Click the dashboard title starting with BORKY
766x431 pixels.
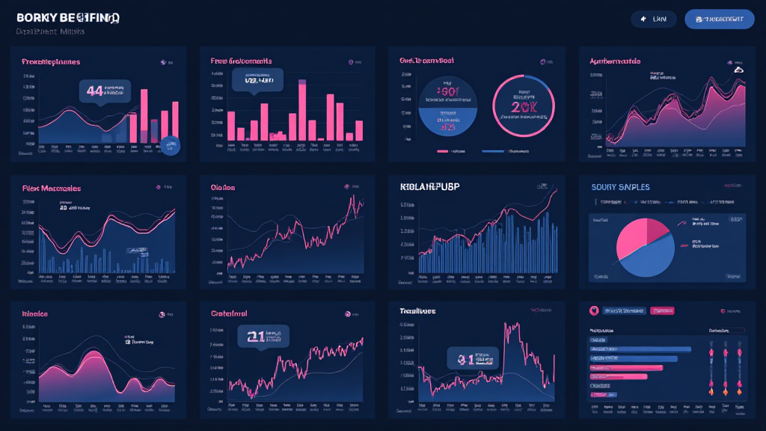pos(67,17)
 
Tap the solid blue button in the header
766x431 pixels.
pos(719,19)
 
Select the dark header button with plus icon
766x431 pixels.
pos(653,19)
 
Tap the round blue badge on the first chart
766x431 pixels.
pos(171,145)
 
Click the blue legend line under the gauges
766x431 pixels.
pos(493,151)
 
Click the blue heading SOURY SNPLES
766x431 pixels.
pos(620,186)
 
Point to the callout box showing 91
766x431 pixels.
pos(471,358)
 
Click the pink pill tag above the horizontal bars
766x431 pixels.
pos(661,311)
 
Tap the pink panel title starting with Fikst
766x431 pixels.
pos(52,188)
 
